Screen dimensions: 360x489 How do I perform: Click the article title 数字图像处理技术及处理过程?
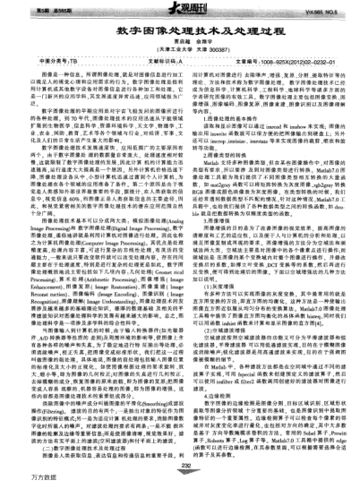179,29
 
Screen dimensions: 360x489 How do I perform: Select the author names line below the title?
179,42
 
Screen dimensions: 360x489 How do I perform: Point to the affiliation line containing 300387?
179,50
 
